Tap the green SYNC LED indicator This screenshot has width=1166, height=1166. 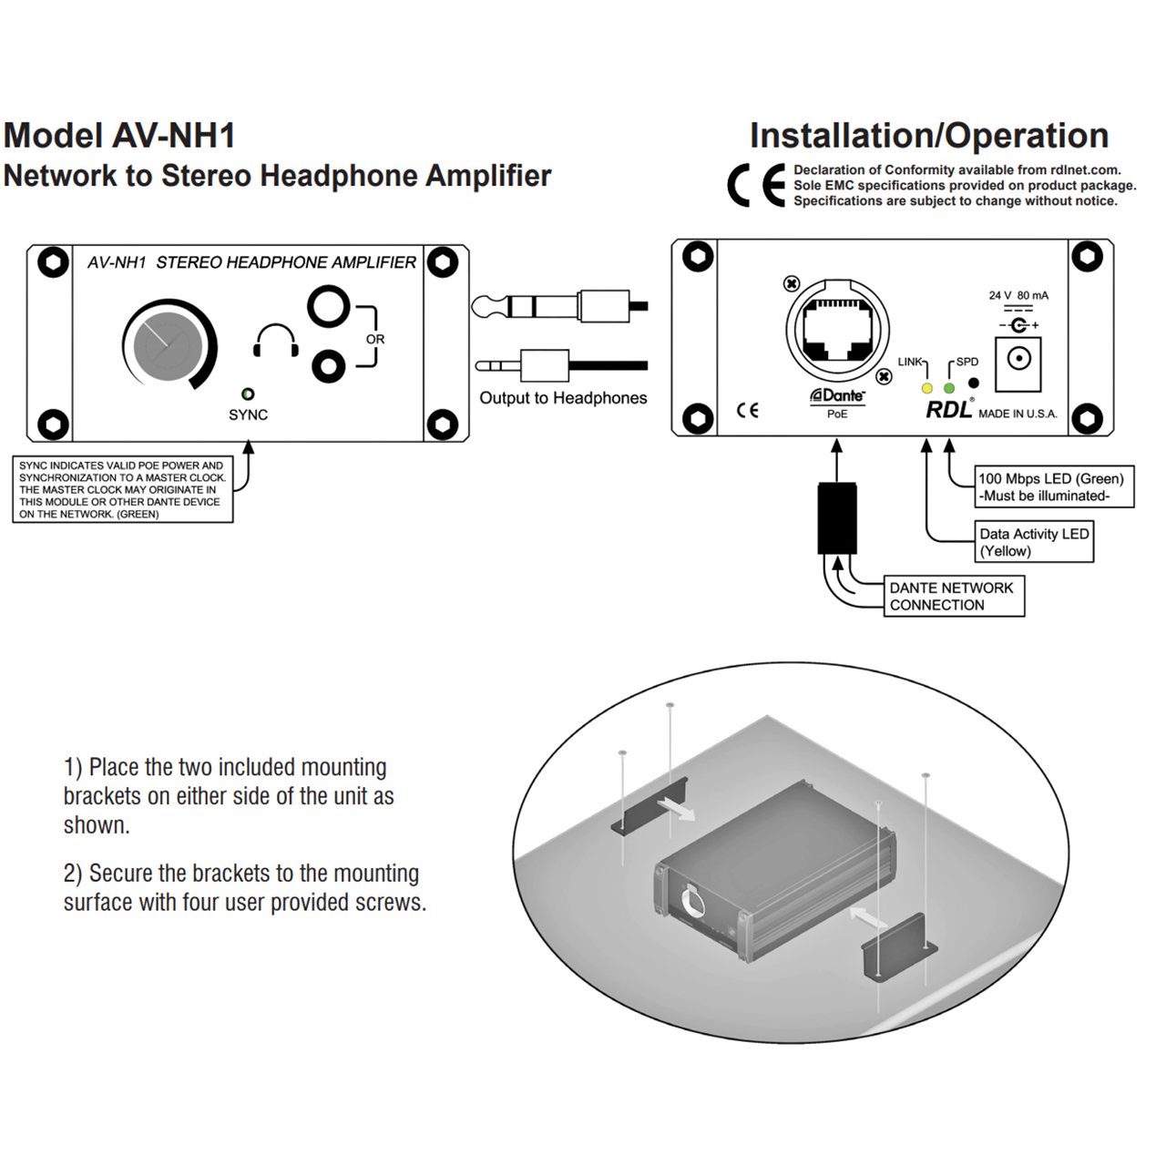click(247, 394)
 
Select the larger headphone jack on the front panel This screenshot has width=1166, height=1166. click(328, 307)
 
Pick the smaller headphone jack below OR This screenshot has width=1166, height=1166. click(328, 367)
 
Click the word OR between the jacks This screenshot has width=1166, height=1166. click(375, 339)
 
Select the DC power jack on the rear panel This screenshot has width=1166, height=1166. click(1018, 356)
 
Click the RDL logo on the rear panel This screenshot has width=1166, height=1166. click(948, 410)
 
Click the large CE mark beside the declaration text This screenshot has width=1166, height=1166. click(755, 186)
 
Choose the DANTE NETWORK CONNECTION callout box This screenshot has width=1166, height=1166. click(954, 597)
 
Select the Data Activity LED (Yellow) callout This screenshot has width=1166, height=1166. click(1034, 542)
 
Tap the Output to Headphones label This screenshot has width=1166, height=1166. click(563, 398)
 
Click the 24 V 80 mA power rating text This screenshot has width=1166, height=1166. click(1018, 296)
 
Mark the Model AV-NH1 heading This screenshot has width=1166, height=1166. click(119, 136)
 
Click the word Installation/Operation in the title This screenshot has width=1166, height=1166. click(928, 136)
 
